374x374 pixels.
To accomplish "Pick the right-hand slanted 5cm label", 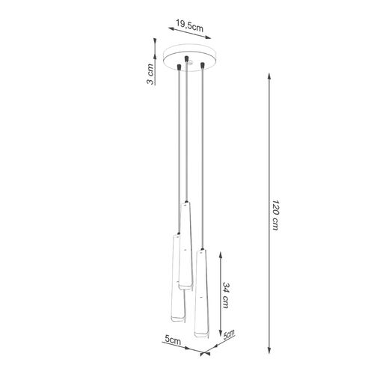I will point(228,336).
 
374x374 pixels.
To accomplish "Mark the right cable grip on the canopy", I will point(202,68).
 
